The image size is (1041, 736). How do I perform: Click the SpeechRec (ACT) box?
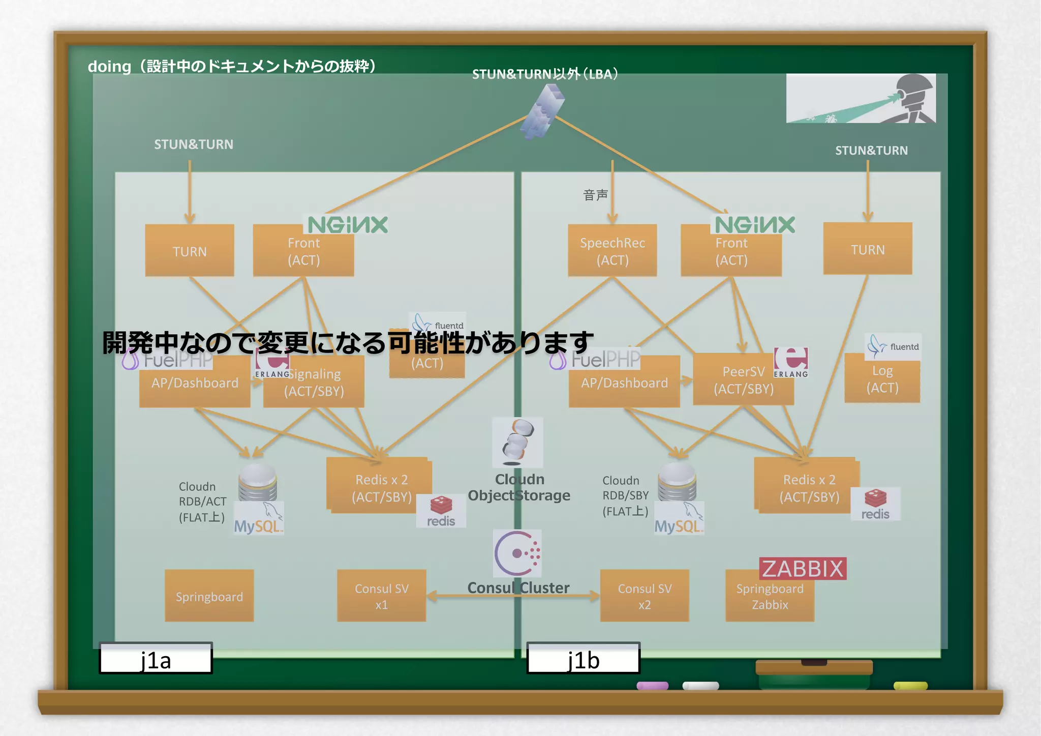(x=612, y=251)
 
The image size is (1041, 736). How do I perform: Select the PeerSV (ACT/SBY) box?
(x=743, y=380)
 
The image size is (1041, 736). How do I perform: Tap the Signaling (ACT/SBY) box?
(x=314, y=382)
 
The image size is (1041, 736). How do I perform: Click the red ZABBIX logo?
(x=803, y=569)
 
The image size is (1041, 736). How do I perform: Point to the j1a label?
(x=156, y=659)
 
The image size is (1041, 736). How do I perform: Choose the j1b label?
(x=583, y=659)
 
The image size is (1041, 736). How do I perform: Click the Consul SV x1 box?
(x=381, y=596)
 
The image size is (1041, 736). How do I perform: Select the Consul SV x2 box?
(x=644, y=596)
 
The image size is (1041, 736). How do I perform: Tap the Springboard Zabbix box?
(x=770, y=597)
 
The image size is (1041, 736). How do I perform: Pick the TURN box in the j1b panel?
(x=867, y=249)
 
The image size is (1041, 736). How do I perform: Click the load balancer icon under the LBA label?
(x=543, y=111)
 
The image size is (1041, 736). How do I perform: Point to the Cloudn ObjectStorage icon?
(x=517, y=442)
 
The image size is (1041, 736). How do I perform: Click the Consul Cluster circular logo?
(x=517, y=553)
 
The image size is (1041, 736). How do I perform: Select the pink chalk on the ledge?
(x=652, y=686)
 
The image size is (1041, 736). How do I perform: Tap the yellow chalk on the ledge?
(x=910, y=686)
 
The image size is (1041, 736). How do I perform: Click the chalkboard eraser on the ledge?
(x=814, y=672)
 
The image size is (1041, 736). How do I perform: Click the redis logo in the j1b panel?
(x=875, y=504)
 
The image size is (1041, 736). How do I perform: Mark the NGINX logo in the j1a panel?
(x=348, y=225)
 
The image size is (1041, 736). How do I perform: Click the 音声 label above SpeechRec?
(x=595, y=195)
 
